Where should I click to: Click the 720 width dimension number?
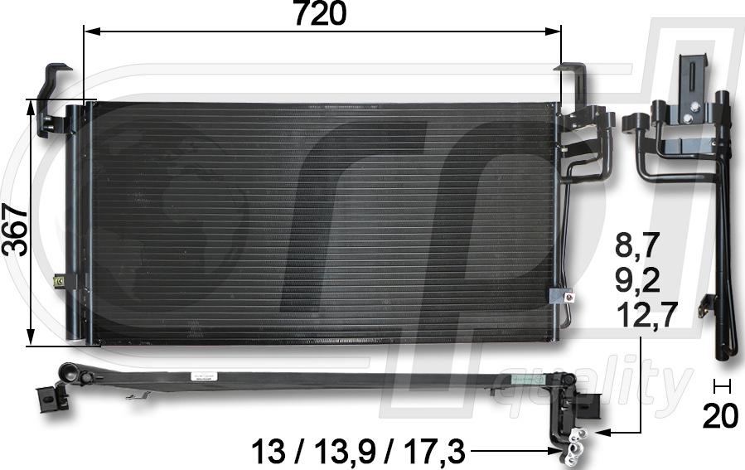point(320,13)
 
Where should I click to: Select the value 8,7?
point(637,246)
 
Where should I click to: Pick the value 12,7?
point(646,315)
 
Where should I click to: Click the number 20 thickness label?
point(721,416)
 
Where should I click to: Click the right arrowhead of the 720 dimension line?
point(553,31)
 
